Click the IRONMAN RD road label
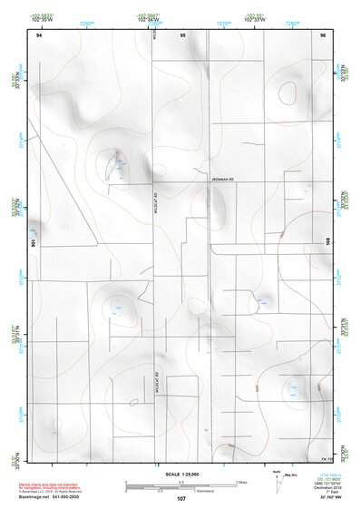[215, 181]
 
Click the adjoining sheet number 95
[182, 34]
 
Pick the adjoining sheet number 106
[34, 242]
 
